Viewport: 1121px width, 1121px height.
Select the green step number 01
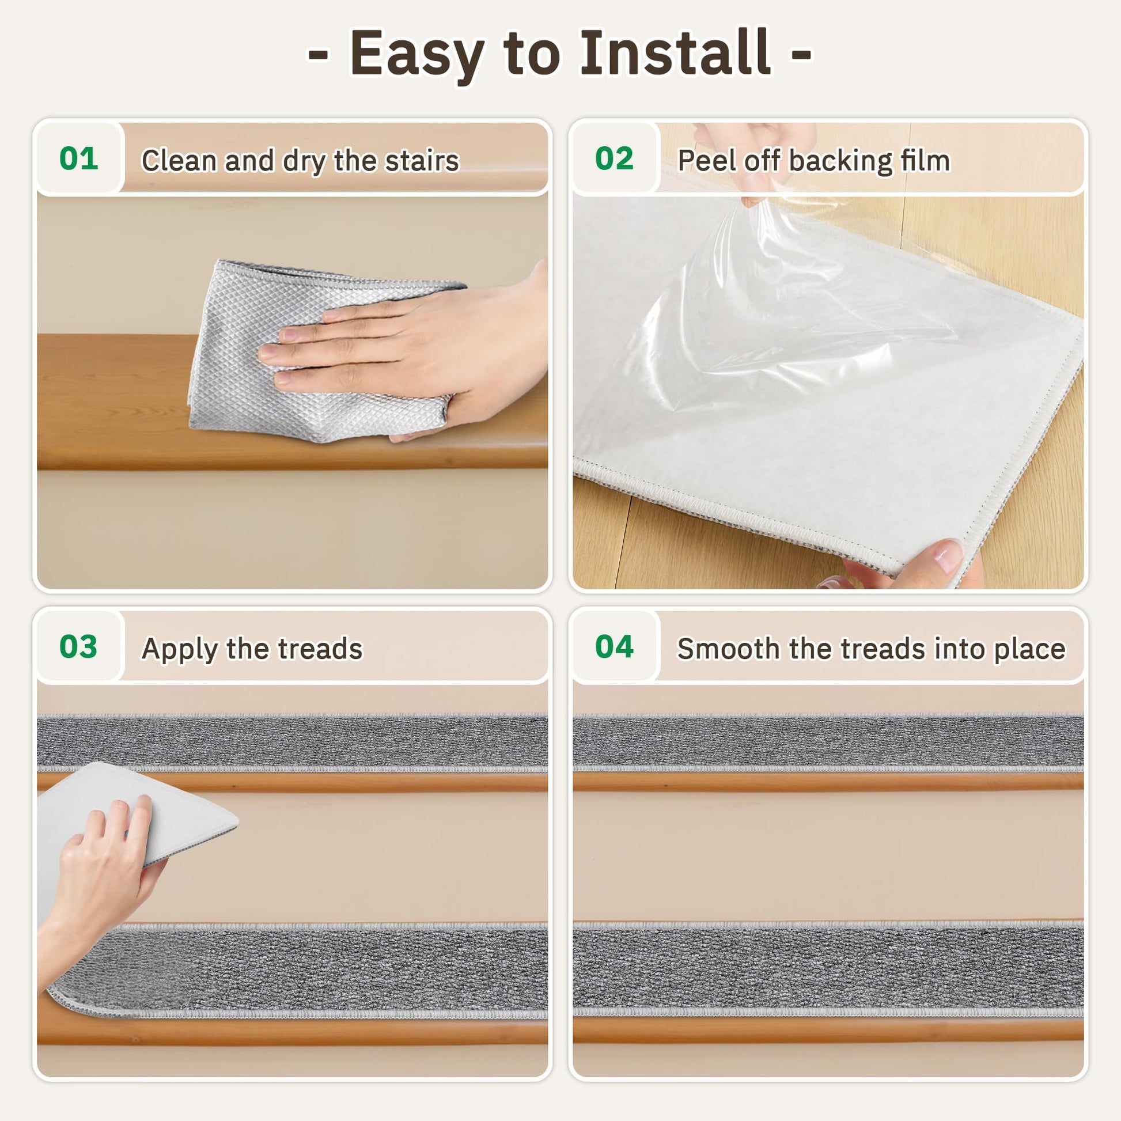[78, 158]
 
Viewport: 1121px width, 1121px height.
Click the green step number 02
[614, 158]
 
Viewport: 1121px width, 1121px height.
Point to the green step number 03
[78, 646]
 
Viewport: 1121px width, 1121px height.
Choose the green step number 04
[614, 646]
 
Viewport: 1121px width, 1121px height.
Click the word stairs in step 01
[422, 161]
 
